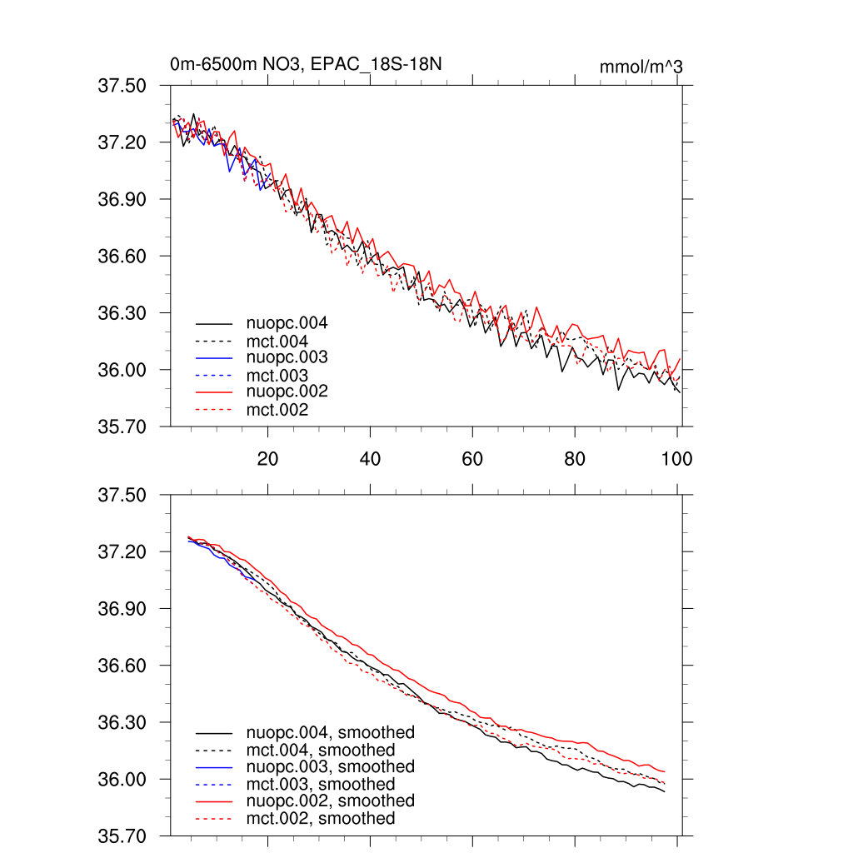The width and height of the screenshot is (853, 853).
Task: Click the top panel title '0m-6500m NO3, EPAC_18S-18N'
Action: (306, 64)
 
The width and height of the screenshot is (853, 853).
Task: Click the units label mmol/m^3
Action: (641, 66)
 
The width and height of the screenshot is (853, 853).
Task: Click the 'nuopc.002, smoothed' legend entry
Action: (331, 801)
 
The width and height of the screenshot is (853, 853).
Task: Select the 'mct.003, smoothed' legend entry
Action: (321, 784)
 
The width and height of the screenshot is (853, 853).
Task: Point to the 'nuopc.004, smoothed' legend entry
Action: (331, 733)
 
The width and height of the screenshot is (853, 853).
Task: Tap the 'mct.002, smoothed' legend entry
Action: (321, 819)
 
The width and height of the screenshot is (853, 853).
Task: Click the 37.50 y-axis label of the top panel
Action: (122, 86)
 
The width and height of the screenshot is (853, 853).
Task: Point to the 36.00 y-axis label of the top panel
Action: (122, 370)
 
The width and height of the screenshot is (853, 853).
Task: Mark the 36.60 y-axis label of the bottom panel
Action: (122, 666)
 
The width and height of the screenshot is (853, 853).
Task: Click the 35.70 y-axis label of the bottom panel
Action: (122, 836)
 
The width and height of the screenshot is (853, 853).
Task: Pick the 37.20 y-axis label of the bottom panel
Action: (122, 552)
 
